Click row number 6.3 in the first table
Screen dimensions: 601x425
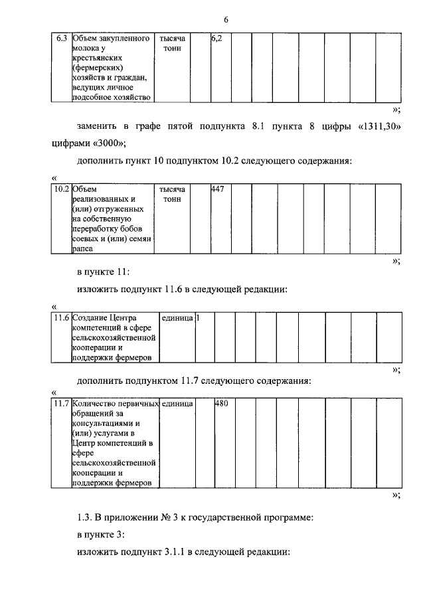pyautogui.click(x=61, y=39)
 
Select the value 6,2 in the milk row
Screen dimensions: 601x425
pyautogui.click(x=216, y=39)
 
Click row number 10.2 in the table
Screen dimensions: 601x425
pyautogui.click(x=62, y=189)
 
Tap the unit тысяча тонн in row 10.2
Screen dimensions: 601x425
pyautogui.click(x=171, y=193)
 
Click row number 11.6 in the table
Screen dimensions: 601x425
pyautogui.click(x=62, y=317)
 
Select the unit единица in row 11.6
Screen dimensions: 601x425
pyautogui.click(x=177, y=317)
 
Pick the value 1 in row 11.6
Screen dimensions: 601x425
pyautogui.click(x=198, y=317)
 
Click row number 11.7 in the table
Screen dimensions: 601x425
pyautogui.click(x=62, y=402)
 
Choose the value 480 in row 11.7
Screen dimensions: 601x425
pyautogui.click(x=221, y=402)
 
